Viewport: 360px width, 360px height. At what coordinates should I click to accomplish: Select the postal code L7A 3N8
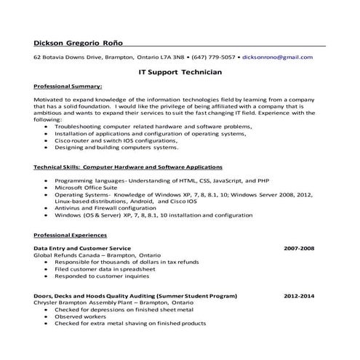173,56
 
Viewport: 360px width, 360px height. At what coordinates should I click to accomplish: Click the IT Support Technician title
180,73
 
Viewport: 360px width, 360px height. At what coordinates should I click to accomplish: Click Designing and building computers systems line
116,147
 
